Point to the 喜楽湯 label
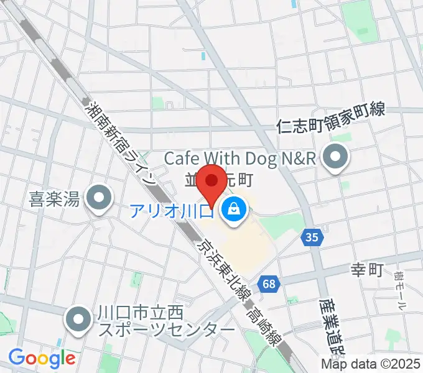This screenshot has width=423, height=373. tap(55, 200)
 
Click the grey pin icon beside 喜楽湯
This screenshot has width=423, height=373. tap(99, 200)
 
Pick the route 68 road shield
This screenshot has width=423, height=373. tap(269, 283)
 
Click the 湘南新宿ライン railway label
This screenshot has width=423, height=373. tap(121, 140)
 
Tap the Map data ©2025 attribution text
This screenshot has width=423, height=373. tap(371, 364)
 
